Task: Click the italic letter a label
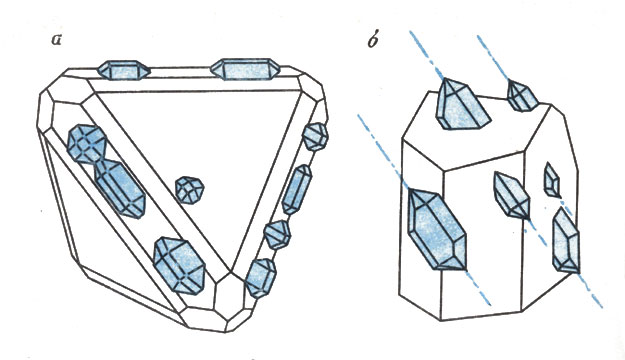(x=57, y=40)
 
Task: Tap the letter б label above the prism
(x=372, y=39)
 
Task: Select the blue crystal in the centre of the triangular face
(x=190, y=190)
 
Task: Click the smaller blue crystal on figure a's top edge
(x=124, y=71)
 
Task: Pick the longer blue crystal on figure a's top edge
(x=245, y=69)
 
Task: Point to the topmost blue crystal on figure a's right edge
(x=315, y=136)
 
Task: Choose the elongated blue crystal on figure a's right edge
(x=297, y=189)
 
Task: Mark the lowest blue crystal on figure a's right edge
(x=261, y=278)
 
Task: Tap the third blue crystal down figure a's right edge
(x=277, y=234)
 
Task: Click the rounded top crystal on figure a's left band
(x=86, y=144)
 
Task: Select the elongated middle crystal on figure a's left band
(x=120, y=188)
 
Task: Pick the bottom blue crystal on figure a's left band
(x=179, y=266)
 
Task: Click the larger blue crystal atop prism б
(x=462, y=104)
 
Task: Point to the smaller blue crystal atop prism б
(x=522, y=95)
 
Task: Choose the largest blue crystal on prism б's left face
(x=437, y=229)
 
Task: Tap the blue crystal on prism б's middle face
(x=511, y=195)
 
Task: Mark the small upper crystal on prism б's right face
(x=552, y=180)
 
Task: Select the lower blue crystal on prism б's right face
(x=566, y=242)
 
